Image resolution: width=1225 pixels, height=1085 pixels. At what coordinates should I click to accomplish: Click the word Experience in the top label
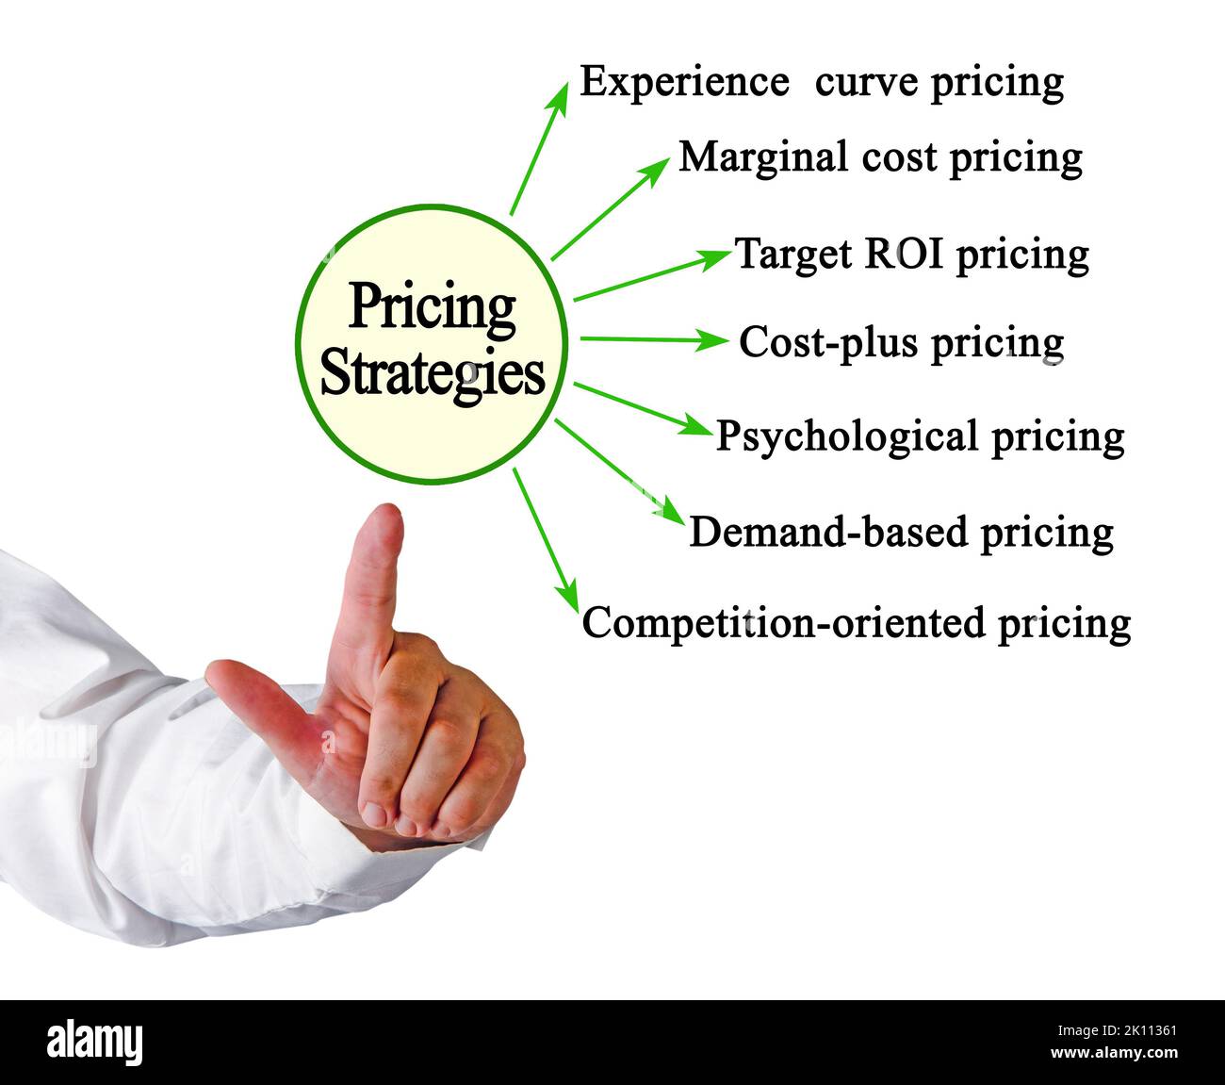pyautogui.click(x=682, y=83)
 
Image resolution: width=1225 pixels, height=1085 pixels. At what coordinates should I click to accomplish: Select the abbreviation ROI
pyautogui.click(x=894, y=254)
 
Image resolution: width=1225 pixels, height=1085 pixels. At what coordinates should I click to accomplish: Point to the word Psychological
pyautogui.click(x=846, y=437)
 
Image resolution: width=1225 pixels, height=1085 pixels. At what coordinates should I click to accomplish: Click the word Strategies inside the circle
pyautogui.click(x=433, y=374)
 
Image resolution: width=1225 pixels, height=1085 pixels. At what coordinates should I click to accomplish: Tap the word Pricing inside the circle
pyautogui.click(x=433, y=307)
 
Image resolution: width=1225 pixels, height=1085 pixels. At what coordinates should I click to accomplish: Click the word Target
pyautogui.click(x=791, y=254)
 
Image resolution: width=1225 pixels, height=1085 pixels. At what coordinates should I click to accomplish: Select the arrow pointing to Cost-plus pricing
pyautogui.click(x=651, y=338)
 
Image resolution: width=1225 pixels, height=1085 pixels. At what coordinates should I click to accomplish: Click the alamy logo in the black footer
pyautogui.click(x=95, y=1043)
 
